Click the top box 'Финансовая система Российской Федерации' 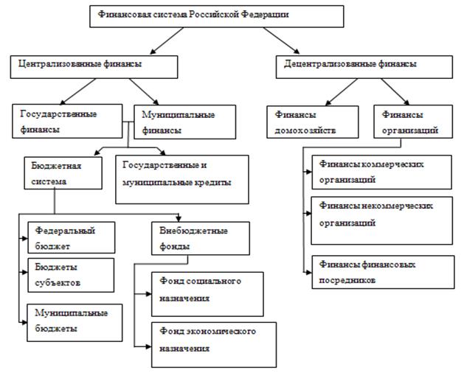(217, 16)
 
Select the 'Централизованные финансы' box (94, 67)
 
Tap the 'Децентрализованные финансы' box (364, 67)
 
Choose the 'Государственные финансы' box (67, 121)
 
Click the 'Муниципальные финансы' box (185, 122)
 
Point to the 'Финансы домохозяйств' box (313, 122)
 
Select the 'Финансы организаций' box (413, 122)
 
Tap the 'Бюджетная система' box (63, 173)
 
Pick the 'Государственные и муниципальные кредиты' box (182, 180)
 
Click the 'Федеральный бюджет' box (72, 237)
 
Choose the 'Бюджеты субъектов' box (71, 275)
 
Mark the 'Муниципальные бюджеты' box (75, 323)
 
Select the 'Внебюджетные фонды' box (201, 238)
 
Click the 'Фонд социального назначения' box (207, 294)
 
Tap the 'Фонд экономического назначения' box (214, 345)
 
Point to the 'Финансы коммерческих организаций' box (381, 172)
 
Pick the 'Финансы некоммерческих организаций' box (381, 220)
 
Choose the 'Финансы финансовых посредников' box (383, 272)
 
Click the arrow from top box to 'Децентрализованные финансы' (281, 41)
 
